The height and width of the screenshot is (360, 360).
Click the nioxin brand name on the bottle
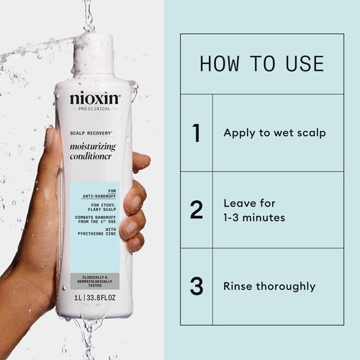click(95, 98)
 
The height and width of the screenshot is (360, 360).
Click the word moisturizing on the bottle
click(96, 148)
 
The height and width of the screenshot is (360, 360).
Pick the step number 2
click(196, 210)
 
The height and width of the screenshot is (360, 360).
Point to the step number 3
click(196, 286)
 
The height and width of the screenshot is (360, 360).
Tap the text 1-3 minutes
click(254, 217)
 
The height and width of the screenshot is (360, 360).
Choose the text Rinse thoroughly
click(269, 286)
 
